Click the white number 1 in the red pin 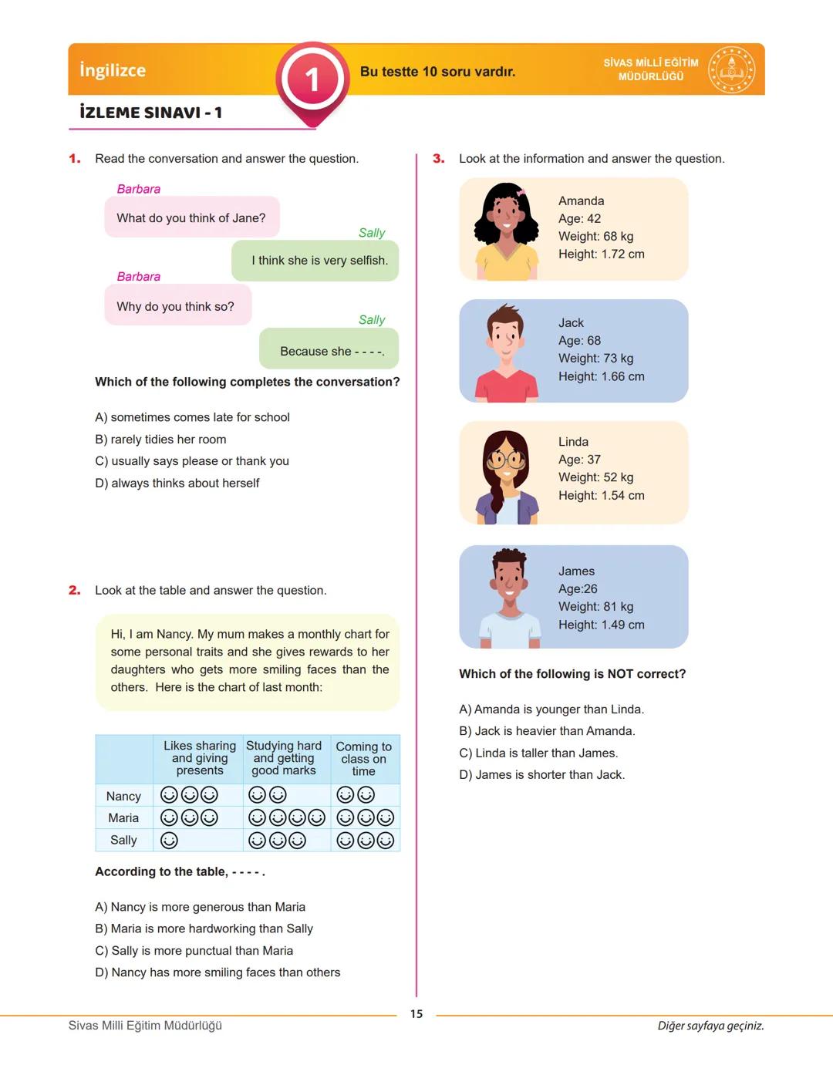tap(312, 79)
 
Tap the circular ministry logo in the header tap(731, 69)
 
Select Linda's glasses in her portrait tap(506, 460)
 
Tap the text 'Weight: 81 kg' tap(595, 607)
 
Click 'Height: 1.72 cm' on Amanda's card tap(601, 254)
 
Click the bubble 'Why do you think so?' tap(177, 306)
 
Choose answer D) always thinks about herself tap(177, 484)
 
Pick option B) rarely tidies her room tap(160, 440)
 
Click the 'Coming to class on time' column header tap(364, 759)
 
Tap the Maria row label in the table tap(123, 818)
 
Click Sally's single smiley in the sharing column tap(169, 840)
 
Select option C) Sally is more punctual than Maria tap(194, 951)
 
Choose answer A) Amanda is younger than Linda tap(551, 709)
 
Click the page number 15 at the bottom tap(416, 1014)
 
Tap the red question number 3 tap(439, 159)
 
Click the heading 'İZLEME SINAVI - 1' tap(151, 113)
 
